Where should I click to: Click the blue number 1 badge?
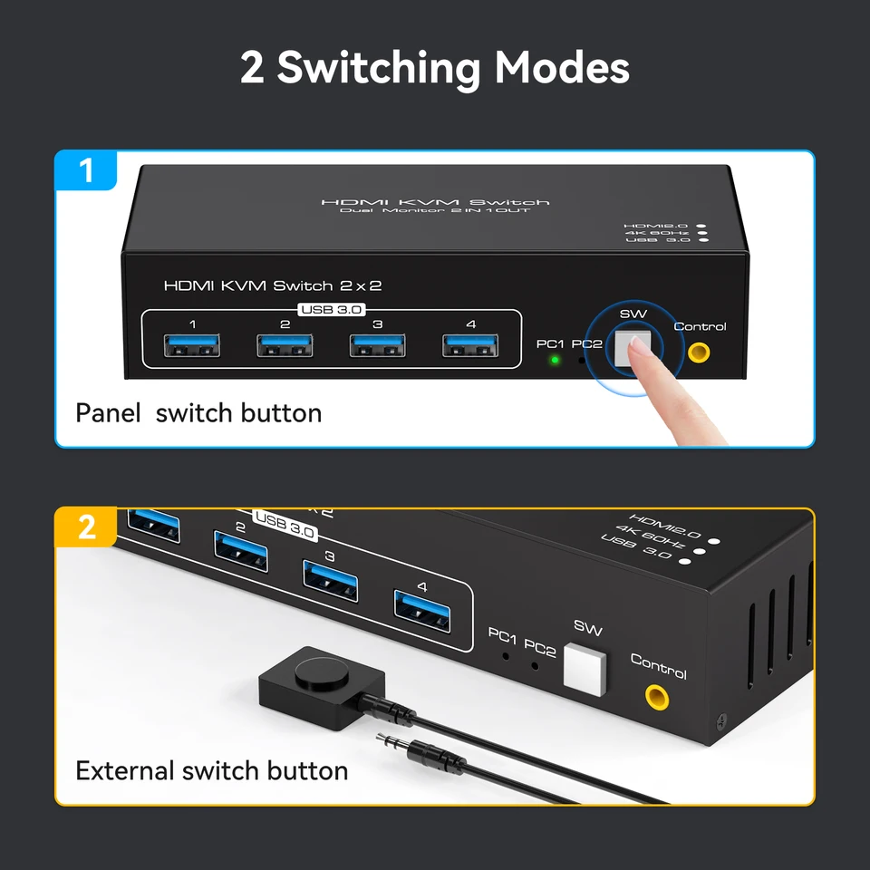(x=87, y=169)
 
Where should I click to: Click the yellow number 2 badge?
(x=87, y=527)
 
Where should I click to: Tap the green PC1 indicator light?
(x=554, y=360)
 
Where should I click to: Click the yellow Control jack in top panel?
(x=699, y=352)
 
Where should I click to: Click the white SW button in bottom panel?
(x=585, y=669)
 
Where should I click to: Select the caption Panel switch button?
(x=198, y=413)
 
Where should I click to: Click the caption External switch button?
(x=211, y=771)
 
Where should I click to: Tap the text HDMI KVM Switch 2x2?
(x=272, y=285)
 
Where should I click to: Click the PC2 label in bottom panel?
(x=540, y=648)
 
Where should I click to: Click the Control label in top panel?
(x=700, y=326)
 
